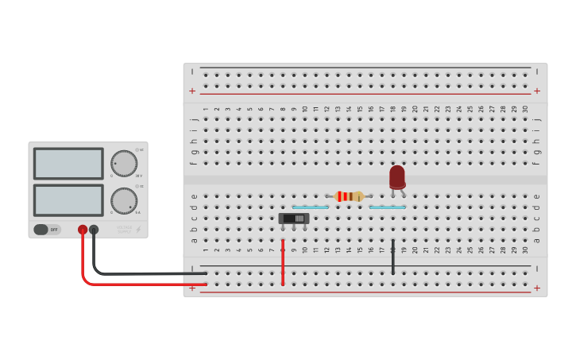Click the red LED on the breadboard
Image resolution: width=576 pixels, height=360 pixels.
397,176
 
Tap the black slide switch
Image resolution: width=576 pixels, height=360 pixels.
293,219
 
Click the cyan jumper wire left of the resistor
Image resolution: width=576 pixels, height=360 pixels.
310,207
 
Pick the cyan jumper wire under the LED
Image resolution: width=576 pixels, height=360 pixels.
387,207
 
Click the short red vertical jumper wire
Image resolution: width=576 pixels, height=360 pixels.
283,261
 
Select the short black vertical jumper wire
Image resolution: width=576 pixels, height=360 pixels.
392,257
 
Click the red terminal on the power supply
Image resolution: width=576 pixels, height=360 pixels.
83,230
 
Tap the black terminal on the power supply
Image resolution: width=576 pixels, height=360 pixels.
94,230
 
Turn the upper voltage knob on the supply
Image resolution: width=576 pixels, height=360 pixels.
123,163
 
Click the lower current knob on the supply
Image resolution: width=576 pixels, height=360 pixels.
123,200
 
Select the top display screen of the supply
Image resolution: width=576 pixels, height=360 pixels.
68,164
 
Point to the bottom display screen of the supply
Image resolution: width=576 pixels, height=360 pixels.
68,200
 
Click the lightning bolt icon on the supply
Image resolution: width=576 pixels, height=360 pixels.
138,230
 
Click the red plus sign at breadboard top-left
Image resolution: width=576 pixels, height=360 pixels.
191,91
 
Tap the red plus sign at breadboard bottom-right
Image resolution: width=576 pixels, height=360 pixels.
536,288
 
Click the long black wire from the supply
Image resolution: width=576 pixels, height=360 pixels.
143,273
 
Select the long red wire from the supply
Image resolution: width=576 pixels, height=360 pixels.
143,284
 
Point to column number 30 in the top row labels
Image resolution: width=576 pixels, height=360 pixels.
524,109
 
